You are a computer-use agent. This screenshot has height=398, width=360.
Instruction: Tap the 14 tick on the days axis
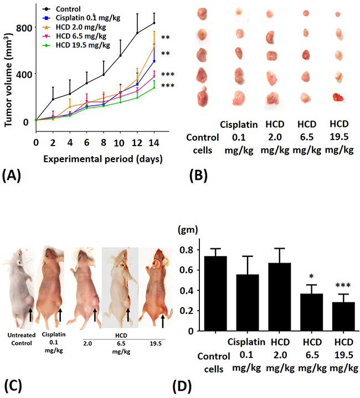click(x=153, y=142)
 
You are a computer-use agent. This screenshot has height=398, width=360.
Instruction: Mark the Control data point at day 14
click(x=153, y=23)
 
